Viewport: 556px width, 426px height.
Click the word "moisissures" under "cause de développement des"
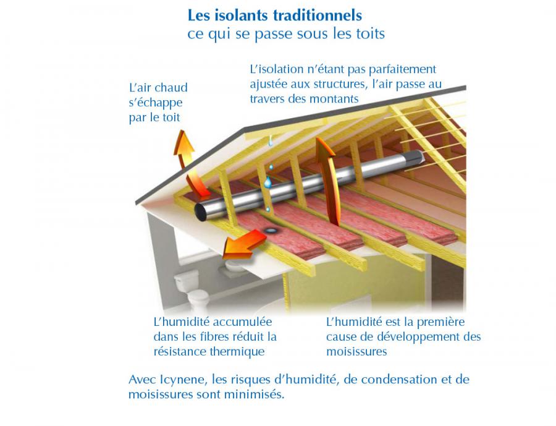pos(356,351)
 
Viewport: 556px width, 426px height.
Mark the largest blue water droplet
pos(267,182)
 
